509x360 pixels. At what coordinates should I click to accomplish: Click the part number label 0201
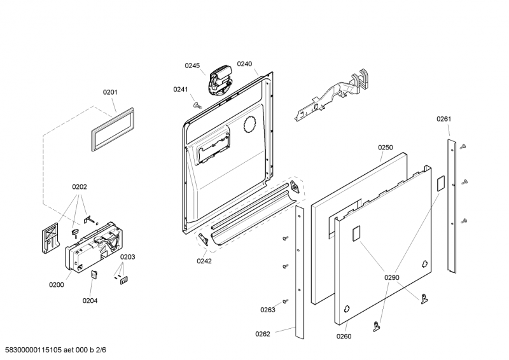(110, 92)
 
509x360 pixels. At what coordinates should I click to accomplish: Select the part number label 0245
(192, 66)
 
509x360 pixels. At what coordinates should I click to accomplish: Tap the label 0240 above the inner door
(244, 64)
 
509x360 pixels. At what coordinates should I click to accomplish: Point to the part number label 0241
(181, 89)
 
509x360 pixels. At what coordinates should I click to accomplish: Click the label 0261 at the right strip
(443, 119)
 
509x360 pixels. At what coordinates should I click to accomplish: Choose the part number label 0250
(386, 147)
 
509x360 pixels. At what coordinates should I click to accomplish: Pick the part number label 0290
(391, 277)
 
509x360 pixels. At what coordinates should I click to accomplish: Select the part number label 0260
(344, 336)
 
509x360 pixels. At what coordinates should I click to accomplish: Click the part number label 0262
(263, 334)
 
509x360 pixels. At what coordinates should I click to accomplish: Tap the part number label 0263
(267, 310)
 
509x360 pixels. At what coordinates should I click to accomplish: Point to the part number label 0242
(204, 261)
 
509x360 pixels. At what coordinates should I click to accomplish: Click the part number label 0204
(90, 300)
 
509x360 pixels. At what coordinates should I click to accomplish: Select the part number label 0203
(127, 257)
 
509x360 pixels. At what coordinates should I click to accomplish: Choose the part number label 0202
(79, 187)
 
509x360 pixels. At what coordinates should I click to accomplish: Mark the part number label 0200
(57, 285)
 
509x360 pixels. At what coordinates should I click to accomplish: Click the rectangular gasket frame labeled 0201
(113, 131)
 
